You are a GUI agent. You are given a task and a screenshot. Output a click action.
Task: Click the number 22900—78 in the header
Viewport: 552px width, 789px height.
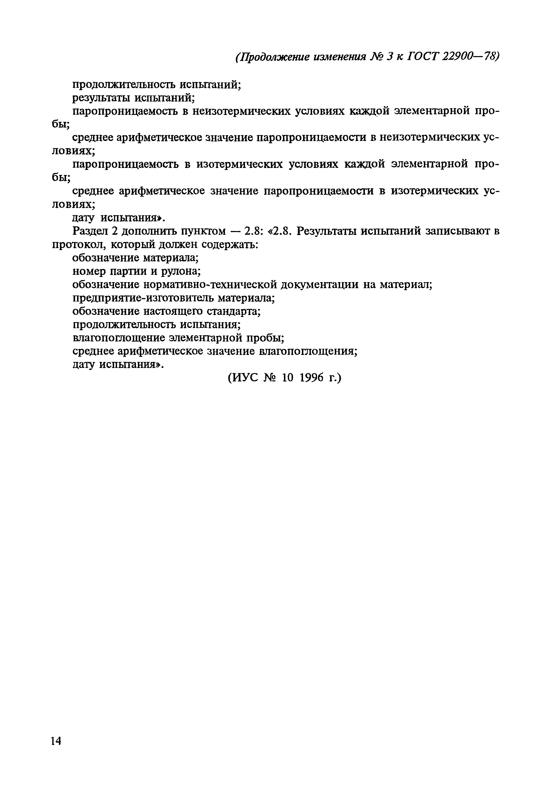click(x=470, y=56)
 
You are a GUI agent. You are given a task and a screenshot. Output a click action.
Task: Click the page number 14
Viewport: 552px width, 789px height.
click(x=56, y=741)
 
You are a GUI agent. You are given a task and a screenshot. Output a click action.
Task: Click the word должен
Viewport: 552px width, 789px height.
click(x=177, y=244)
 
